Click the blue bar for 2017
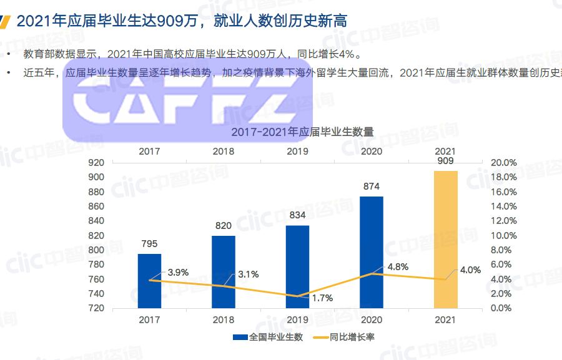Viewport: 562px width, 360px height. point(149,281)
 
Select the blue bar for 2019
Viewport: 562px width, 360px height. point(297,266)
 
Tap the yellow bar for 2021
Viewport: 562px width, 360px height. point(446,240)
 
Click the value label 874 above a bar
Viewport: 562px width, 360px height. point(371,186)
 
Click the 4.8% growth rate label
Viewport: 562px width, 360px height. point(398,267)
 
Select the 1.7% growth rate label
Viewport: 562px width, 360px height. point(322,298)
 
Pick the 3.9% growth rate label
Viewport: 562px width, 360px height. point(178,273)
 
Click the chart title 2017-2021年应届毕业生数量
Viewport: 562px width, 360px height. point(302,132)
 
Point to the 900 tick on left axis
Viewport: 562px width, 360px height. point(96,177)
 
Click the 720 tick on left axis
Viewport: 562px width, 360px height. point(96,308)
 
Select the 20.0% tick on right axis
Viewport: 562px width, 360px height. point(505,162)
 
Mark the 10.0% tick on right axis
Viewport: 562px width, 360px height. point(505,235)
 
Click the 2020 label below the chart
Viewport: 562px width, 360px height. point(372,319)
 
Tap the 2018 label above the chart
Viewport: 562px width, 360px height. point(223,151)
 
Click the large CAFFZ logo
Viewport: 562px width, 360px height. point(187,100)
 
